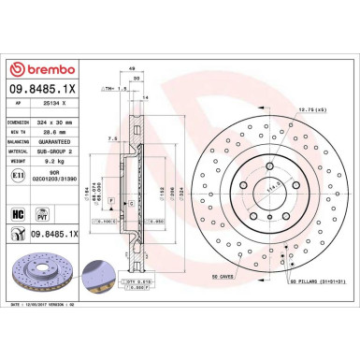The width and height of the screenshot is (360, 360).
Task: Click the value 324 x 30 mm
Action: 68,122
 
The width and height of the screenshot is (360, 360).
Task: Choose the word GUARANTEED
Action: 70,145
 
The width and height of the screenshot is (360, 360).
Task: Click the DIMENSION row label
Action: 22,122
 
